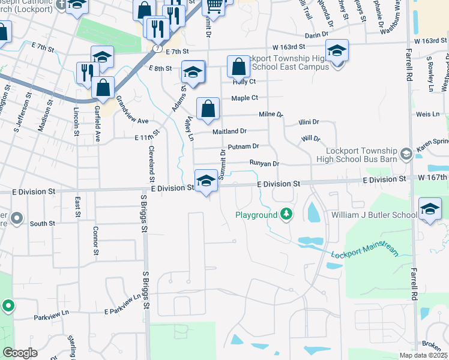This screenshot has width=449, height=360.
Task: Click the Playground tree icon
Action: pos(287,214)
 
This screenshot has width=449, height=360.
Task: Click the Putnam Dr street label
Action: pos(243,146)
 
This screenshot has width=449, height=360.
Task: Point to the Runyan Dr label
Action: pos(264,163)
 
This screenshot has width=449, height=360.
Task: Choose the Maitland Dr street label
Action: pos(229,131)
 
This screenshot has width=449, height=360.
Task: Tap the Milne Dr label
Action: pos(270,114)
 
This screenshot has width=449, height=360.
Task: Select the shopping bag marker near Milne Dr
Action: pos(208,109)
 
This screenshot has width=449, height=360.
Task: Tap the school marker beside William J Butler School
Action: pos(430,209)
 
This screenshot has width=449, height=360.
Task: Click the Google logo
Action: pos(20,353)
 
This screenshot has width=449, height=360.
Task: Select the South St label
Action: pos(42,223)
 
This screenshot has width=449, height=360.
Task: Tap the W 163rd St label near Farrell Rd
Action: pos(431,41)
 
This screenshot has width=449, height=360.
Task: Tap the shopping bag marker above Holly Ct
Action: pos(238,67)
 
